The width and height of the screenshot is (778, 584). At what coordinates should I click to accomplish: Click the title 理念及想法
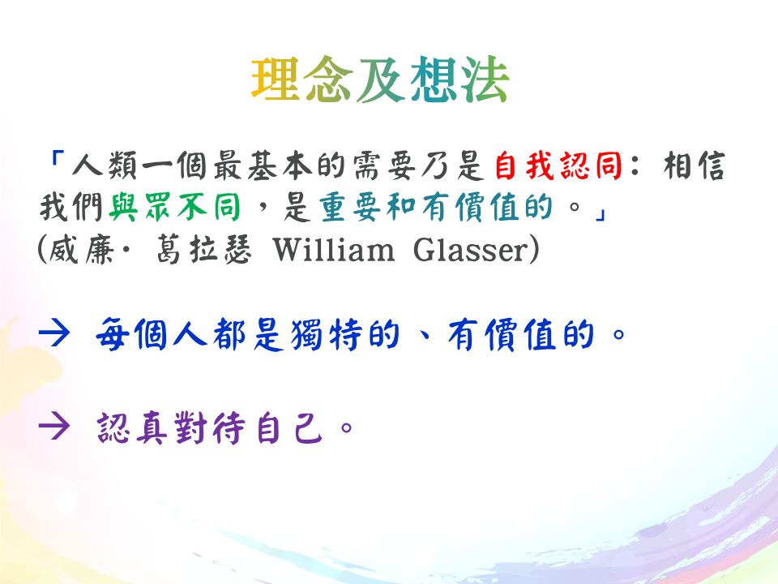pos(380,79)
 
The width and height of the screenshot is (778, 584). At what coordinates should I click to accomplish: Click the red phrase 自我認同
pos(558,165)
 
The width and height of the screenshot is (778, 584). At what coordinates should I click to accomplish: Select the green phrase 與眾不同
pos(175,207)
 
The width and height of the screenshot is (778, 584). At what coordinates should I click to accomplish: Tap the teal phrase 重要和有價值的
pos(436,207)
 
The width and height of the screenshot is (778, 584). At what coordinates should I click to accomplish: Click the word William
pos(334,249)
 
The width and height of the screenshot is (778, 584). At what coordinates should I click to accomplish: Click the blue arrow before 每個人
pos(54,333)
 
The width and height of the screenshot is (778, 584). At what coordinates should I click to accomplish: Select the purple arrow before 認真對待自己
pos(54,427)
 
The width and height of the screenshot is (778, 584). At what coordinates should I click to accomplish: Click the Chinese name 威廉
pos(81,249)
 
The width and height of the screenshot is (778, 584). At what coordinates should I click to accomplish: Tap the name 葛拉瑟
pos(204,249)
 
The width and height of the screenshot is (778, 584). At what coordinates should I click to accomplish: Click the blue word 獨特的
pos(345,335)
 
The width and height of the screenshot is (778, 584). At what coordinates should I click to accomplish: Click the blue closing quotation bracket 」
pos(600,214)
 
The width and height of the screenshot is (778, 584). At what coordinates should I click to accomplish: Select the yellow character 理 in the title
pos(276,79)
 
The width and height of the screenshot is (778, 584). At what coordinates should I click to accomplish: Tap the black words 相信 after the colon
pos(695,165)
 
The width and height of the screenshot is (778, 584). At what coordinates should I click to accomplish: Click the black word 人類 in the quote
pos(105,165)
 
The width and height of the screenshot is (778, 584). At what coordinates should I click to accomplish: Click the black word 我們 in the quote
pos(71,207)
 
